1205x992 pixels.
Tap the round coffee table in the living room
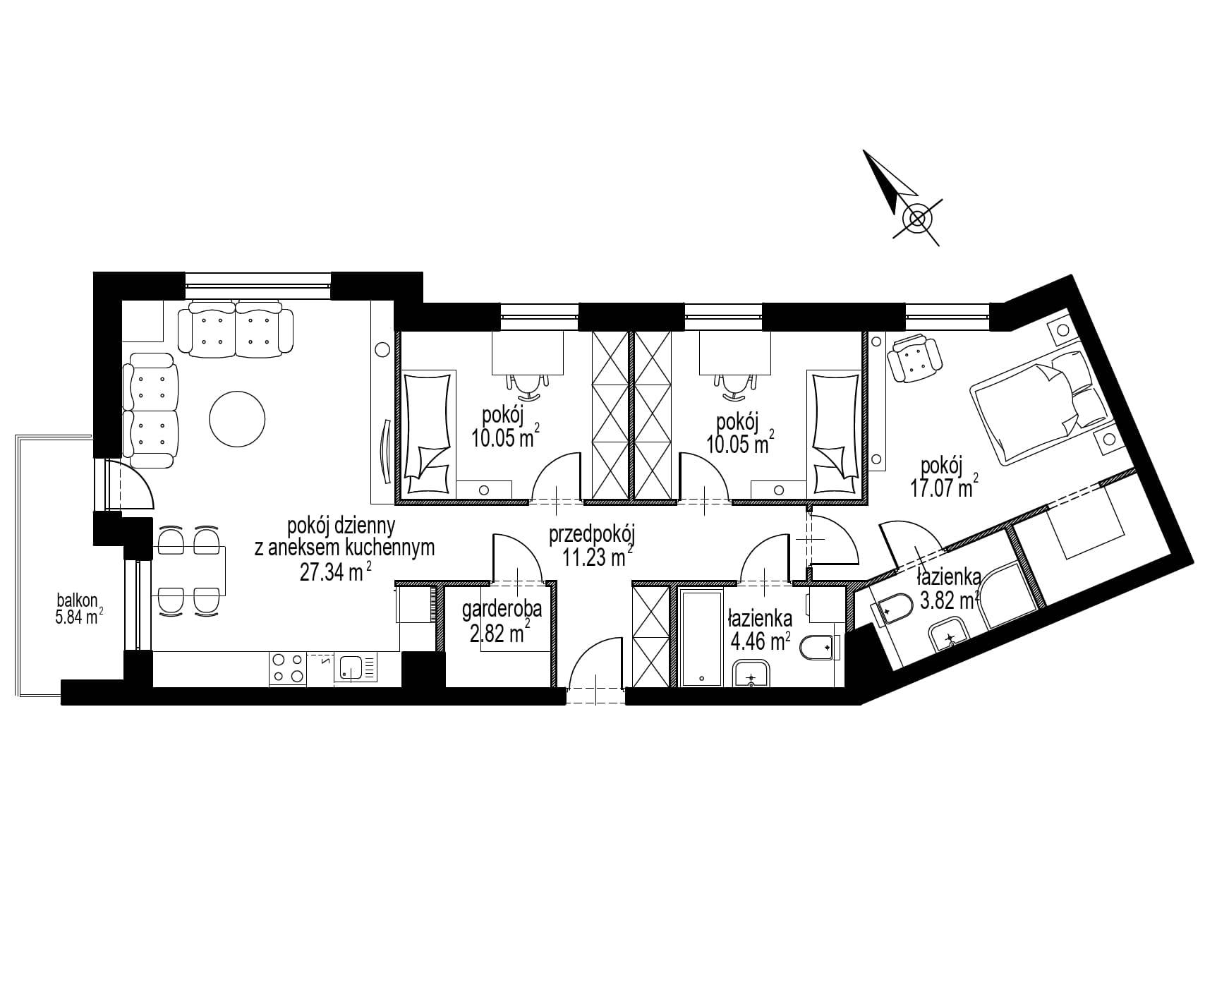(237, 418)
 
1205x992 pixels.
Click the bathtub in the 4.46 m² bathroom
(701, 637)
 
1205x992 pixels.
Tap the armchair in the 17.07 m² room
(914, 358)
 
